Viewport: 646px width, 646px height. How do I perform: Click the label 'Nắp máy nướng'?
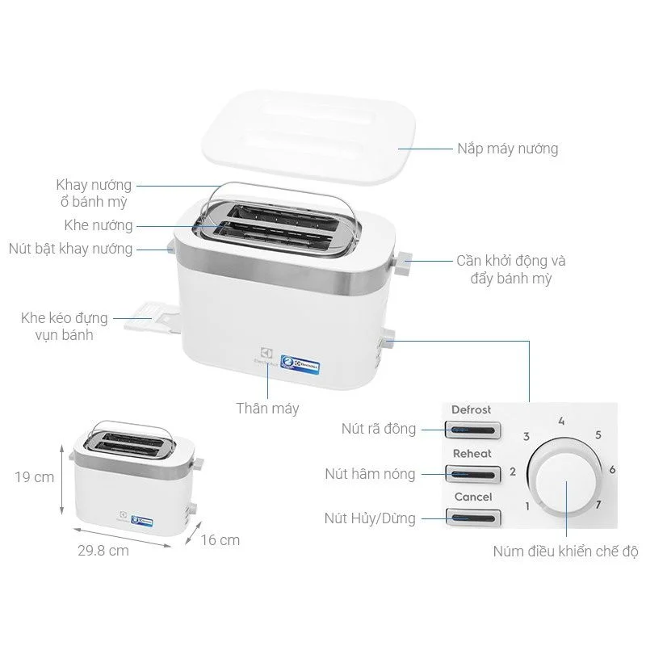(x=507, y=149)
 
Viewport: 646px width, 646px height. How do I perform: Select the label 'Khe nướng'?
(x=99, y=225)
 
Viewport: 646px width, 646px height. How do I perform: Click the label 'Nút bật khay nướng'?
(x=70, y=248)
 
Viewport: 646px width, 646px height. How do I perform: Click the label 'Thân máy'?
(x=267, y=408)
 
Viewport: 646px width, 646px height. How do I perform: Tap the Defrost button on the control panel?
(x=472, y=430)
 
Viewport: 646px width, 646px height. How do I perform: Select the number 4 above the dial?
(x=561, y=422)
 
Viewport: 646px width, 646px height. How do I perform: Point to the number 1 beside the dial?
(x=527, y=506)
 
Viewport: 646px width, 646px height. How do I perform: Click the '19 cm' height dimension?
(x=34, y=476)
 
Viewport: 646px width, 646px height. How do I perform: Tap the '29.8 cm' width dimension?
(x=105, y=551)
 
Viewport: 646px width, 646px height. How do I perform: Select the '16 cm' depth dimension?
(x=220, y=540)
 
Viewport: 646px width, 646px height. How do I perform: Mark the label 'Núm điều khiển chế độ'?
(x=565, y=552)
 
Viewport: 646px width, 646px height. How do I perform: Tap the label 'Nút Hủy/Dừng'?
(x=370, y=517)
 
